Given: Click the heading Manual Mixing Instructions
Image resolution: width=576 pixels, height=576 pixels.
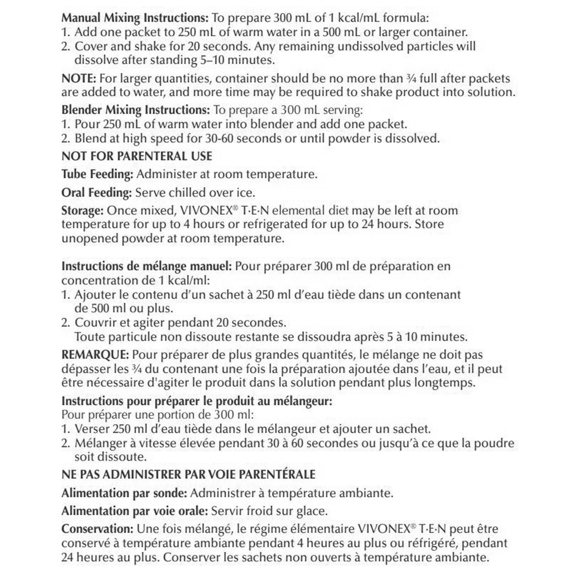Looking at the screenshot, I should click(x=135, y=18).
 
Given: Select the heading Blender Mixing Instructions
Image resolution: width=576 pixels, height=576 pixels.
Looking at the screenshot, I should click(x=135, y=110).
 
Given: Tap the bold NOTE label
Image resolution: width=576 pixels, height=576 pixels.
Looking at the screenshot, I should click(x=78, y=78).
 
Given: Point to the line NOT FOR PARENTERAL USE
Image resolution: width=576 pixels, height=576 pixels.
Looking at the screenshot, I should click(x=137, y=156).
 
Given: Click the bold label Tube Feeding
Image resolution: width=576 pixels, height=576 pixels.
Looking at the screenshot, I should click(x=97, y=174).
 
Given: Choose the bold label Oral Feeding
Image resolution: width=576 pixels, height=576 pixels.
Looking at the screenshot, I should click(x=96, y=193).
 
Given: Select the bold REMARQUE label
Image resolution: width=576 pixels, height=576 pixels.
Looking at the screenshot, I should click(x=95, y=355).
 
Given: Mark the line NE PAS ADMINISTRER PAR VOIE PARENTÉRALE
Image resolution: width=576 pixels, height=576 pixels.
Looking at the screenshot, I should click(x=188, y=474).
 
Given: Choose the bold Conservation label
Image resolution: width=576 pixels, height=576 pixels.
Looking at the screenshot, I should click(x=97, y=529).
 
